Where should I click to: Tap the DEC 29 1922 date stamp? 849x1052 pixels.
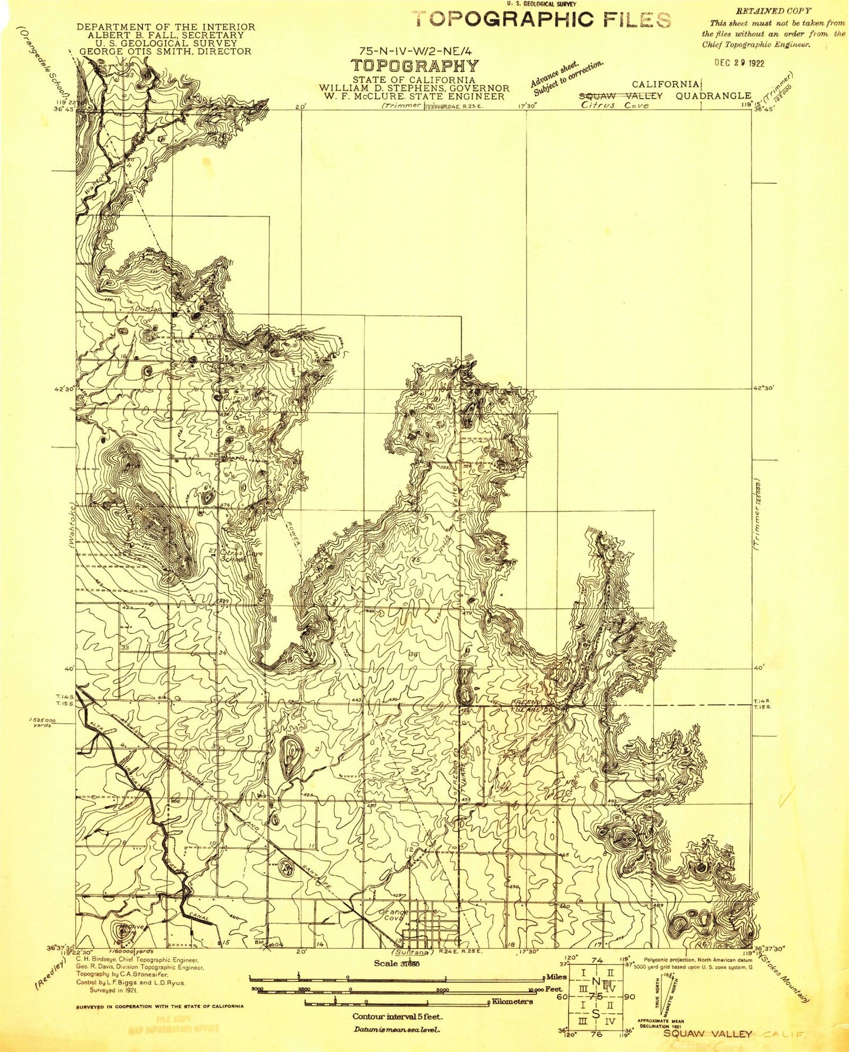(x=739, y=63)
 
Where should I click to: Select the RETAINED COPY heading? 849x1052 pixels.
(x=773, y=11)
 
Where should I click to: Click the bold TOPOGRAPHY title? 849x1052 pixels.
(x=415, y=66)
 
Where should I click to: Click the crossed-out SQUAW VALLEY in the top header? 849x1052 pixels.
(x=621, y=96)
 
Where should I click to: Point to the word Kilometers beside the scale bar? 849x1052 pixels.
(x=512, y=1001)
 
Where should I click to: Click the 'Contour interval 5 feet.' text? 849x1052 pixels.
(x=397, y=1016)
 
